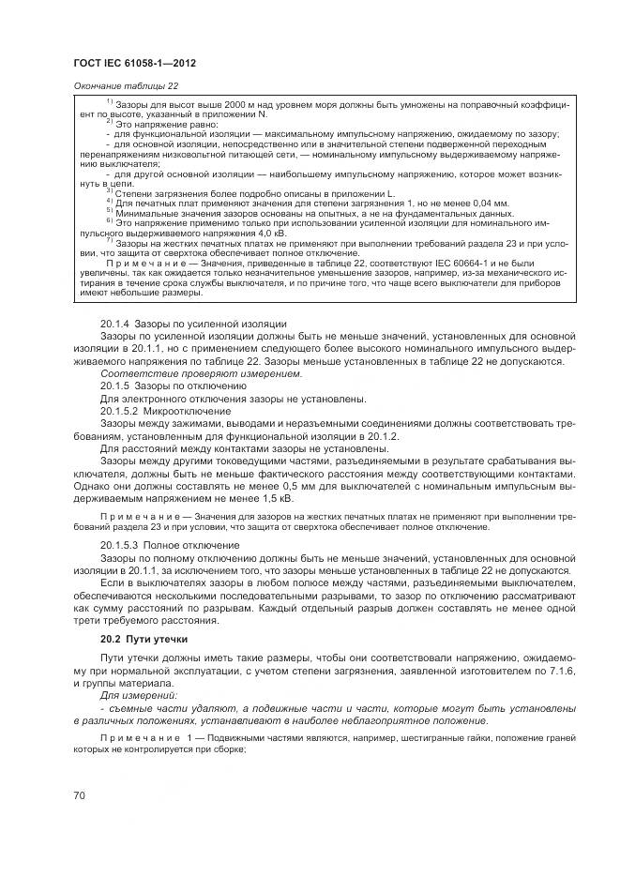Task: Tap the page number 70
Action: tap(79, 795)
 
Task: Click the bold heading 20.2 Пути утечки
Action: tap(141, 638)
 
